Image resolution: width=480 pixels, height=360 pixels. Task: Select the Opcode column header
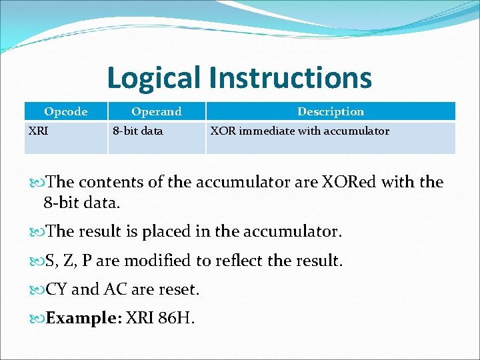click(x=65, y=111)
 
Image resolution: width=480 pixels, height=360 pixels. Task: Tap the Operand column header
click(x=156, y=111)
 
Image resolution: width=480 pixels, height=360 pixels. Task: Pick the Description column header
click(x=331, y=111)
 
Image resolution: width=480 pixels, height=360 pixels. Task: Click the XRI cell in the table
click(x=38, y=131)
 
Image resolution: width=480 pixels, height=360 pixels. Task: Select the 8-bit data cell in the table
click(x=137, y=131)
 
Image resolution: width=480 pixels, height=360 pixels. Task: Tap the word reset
click(x=179, y=290)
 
